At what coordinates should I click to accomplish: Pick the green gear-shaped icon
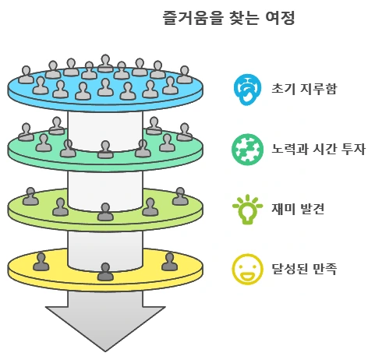coord(246,148)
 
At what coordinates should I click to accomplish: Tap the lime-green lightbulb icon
coord(246,208)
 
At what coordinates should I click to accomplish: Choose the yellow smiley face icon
coord(246,269)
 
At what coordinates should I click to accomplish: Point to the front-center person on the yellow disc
coord(105,272)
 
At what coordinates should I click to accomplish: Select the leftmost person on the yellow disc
coord(41,262)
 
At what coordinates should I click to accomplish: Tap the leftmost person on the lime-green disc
coord(30,196)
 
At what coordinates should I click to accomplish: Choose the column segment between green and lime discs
coord(105,184)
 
